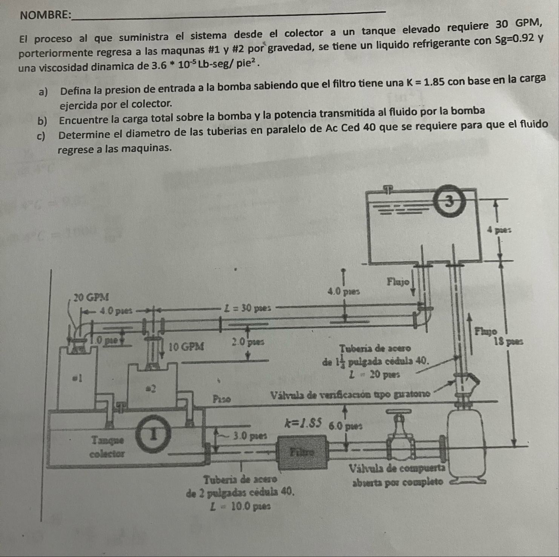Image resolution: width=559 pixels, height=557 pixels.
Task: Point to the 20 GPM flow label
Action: point(91,297)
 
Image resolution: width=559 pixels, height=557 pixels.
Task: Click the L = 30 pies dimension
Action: point(248,308)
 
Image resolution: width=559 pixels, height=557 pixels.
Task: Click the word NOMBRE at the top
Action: point(45,15)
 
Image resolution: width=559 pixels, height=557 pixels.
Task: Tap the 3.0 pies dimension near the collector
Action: point(250,436)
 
